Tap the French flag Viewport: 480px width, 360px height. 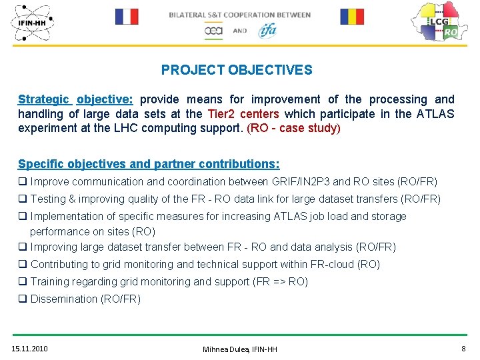point(127,17)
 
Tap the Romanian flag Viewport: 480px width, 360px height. point(352,17)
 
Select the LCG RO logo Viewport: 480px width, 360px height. point(436,22)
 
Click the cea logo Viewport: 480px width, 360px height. point(213,31)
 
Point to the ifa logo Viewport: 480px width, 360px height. point(267,30)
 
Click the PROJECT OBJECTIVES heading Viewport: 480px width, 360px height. point(237,70)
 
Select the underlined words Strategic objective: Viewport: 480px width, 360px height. point(75,99)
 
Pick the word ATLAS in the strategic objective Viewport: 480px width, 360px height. point(436,113)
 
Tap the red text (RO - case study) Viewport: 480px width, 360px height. point(293,127)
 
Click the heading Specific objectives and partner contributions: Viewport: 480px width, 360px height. point(149,164)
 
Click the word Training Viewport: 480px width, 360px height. point(51,281)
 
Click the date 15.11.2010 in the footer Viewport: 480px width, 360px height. point(30,349)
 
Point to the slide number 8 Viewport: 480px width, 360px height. point(463,349)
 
